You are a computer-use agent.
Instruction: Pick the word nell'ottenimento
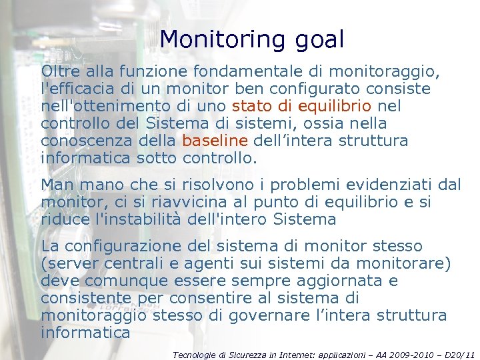[96, 106]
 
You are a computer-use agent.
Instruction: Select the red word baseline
[215, 141]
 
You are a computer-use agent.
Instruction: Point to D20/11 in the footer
[460, 355]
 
